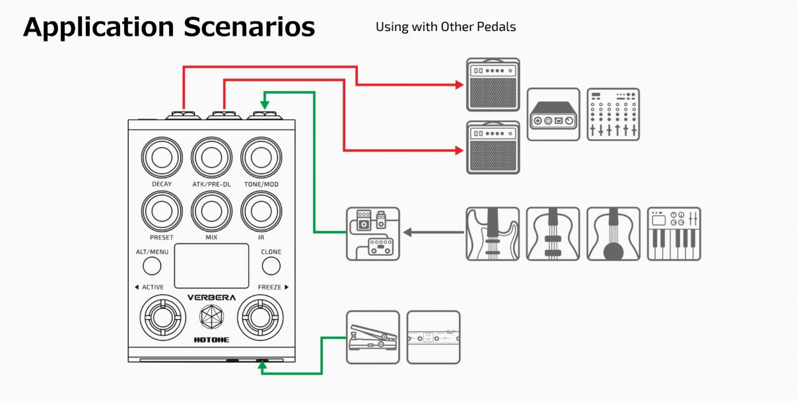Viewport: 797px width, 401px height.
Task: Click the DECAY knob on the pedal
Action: coord(162,157)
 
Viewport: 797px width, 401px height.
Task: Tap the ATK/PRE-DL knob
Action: coord(212,157)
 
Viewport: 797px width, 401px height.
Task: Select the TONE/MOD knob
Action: coord(261,157)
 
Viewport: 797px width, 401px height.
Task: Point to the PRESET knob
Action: coord(162,211)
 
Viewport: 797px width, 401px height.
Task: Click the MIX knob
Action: coord(212,211)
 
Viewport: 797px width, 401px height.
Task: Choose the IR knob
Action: coord(261,211)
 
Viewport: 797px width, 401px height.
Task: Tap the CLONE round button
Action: coord(271,266)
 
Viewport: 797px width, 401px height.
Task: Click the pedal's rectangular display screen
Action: coord(211,266)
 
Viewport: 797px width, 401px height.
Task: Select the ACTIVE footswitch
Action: coord(162,317)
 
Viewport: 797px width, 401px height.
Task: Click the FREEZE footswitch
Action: coord(260,317)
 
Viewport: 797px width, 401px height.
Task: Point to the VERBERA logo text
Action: coord(211,297)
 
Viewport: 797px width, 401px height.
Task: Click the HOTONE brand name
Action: coord(211,340)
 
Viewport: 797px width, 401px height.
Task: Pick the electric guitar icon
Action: coord(493,234)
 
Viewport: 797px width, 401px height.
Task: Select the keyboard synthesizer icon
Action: coord(674,234)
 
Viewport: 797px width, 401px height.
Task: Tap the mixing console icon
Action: coord(613,115)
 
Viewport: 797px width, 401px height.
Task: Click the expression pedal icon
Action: coord(373,337)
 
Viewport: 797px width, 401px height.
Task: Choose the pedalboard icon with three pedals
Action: coord(373,234)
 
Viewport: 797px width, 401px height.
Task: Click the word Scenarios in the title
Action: coord(249,27)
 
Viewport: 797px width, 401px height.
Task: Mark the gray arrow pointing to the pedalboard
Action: coord(434,233)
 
